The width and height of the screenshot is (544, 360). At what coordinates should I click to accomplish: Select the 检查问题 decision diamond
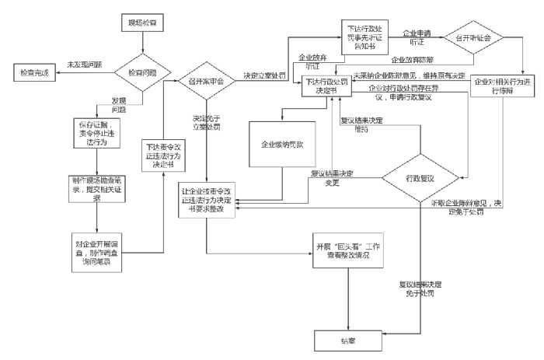(x=134, y=73)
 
